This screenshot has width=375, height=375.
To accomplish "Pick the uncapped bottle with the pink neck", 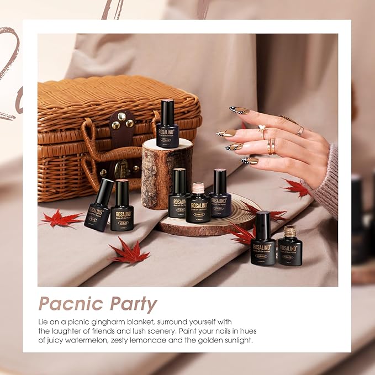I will (198, 203).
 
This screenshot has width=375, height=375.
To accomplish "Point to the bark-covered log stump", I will (166, 174).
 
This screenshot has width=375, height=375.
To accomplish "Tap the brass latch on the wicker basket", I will (120, 168).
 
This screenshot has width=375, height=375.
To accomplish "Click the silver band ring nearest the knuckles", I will (300, 131).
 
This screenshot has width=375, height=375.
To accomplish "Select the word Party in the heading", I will (133, 304).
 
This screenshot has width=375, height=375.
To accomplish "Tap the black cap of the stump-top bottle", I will (167, 111).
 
